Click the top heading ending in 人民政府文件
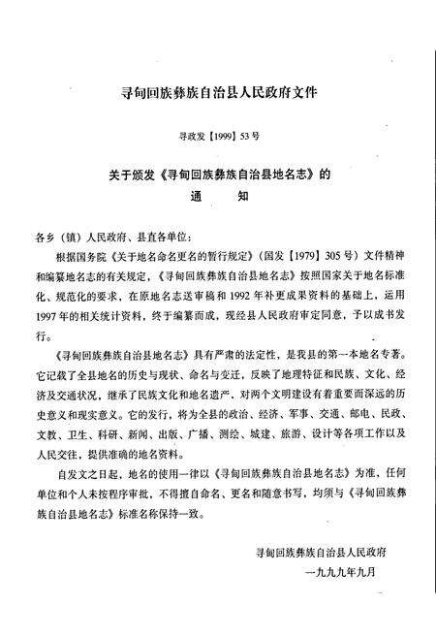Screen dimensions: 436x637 click(x=219, y=94)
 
